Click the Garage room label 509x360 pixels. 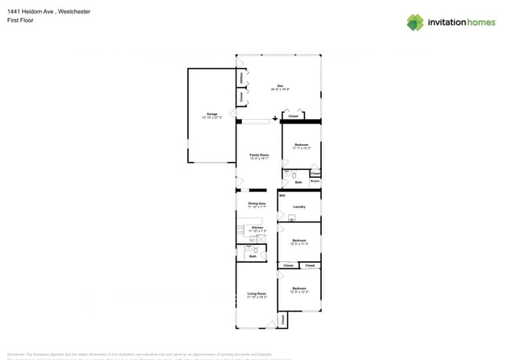tap(211, 114)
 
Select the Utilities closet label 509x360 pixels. tap(240, 78)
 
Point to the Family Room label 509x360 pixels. tap(258, 155)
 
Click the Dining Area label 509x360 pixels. tap(257, 203)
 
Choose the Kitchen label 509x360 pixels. tap(257, 228)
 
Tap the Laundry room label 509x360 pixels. tap(298, 207)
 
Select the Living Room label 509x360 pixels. tap(257, 293)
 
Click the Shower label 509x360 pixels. tap(315, 182)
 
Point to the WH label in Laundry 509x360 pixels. tap(283, 195)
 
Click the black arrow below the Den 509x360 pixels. tap(275, 120)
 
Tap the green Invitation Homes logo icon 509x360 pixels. tap(415, 22)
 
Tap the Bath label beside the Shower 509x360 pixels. tap(298, 182)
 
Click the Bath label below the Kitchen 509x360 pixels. tap(252, 256)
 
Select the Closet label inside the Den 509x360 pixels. tap(293, 116)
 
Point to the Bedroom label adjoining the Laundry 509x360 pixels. tap(298, 240)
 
